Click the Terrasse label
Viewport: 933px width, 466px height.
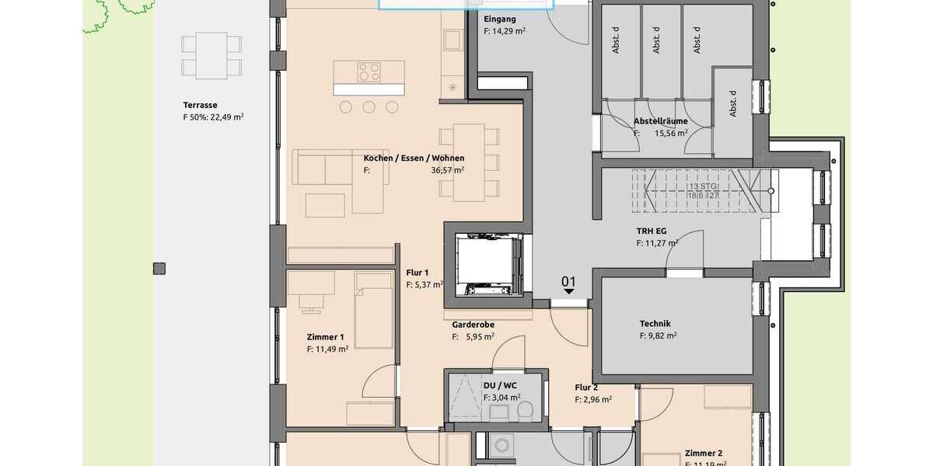click(x=200, y=105)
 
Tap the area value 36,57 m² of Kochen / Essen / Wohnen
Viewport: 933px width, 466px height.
click(x=448, y=169)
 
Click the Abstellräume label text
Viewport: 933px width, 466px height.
click(x=660, y=121)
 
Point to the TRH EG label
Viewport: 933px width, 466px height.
click(x=651, y=231)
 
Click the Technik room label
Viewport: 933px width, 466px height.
click(x=655, y=324)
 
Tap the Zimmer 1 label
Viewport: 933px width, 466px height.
click(x=325, y=338)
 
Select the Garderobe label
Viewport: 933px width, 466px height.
click(x=473, y=325)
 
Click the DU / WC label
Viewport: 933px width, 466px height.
click(x=498, y=385)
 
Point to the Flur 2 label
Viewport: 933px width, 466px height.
click(x=586, y=388)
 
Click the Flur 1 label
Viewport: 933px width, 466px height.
click(x=418, y=273)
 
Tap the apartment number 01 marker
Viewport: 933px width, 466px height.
click(x=569, y=281)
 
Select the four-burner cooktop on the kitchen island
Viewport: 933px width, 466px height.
click(x=369, y=72)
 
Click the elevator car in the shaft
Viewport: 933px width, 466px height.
click(x=487, y=265)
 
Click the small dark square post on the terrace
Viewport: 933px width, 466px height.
click(x=159, y=269)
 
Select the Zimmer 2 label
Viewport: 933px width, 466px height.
click(x=704, y=453)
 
